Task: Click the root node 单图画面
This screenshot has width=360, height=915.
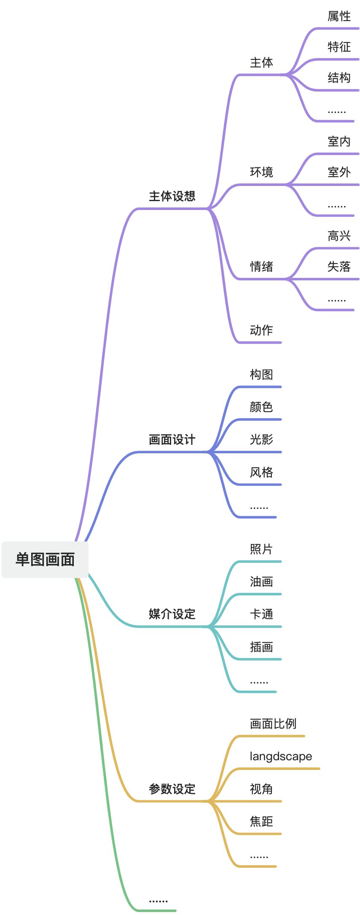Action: point(45,560)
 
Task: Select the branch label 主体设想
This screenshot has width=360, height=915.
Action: point(172,196)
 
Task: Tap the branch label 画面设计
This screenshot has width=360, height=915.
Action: point(172,440)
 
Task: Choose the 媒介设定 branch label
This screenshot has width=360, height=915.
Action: point(172,614)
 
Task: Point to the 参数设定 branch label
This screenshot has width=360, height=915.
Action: point(172,789)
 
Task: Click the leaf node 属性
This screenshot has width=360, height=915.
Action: point(339,16)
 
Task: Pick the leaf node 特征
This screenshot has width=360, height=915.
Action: point(339,47)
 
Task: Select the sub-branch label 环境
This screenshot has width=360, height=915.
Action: point(261,172)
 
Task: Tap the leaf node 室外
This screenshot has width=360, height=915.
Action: point(339,172)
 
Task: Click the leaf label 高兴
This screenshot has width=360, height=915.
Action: point(339,236)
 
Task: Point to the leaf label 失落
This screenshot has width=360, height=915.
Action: point(339,266)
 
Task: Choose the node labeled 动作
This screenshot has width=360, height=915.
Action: point(261,330)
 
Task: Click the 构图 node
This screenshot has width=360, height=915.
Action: point(261,374)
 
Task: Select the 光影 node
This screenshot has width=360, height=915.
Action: point(261,439)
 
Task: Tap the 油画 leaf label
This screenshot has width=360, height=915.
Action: point(261,582)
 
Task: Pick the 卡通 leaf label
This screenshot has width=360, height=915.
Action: point(261,614)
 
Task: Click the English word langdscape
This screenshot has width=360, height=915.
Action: point(281,756)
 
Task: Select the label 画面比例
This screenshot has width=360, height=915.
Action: point(273,724)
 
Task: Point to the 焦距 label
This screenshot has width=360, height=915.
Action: point(261,821)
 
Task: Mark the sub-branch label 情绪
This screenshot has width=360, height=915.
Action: point(261,266)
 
